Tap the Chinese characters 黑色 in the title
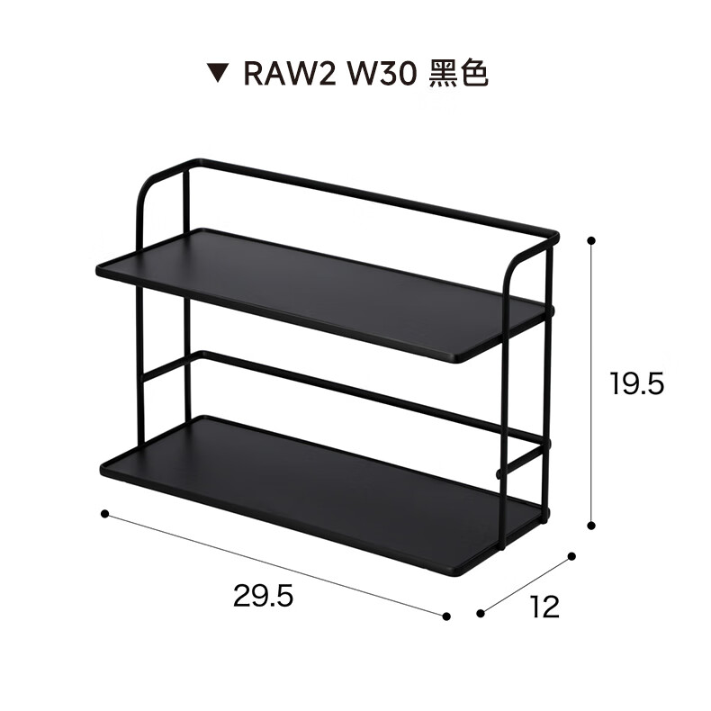tap(458, 75)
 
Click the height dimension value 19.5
tap(635, 384)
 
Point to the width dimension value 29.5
tap(263, 596)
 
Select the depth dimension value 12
tap(545, 607)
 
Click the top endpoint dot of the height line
tap(591, 240)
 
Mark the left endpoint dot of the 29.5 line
tap(104, 514)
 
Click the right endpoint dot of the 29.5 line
tap(446, 616)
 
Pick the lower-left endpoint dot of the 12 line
tap(481, 614)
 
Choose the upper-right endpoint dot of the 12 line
tap(571, 557)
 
